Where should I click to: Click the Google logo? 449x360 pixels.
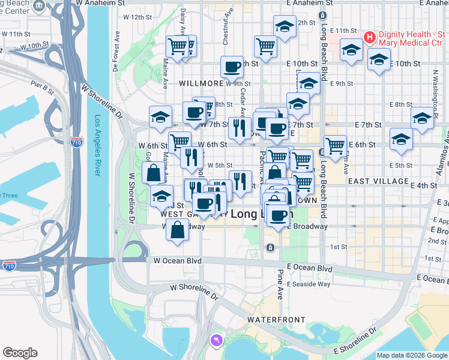[x=20, y=353]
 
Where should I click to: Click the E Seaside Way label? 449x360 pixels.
[x=309, y=284]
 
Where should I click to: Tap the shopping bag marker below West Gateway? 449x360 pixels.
[x=178, y=230]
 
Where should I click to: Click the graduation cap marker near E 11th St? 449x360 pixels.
[x=351, y=50]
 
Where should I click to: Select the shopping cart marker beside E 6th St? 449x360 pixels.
[x=335, y=146]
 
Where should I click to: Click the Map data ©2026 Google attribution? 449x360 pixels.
[x=412, y=355]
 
